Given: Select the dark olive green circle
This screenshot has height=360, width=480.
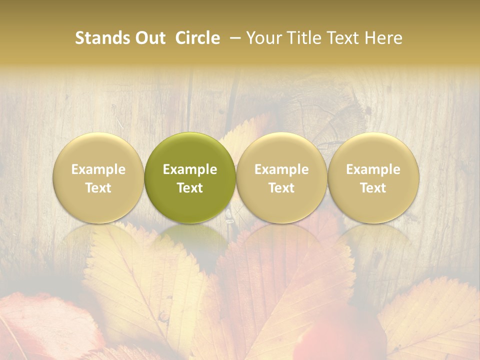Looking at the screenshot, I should pyautogui.click(x=190, y=177).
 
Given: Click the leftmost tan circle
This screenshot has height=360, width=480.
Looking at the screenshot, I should pyautogui.click(x=98, y=177).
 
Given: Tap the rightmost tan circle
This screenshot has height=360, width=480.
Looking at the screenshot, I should pyautogui.click(x=373, y=177).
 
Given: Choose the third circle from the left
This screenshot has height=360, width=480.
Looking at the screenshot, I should pyautogui.click(x=281, y=177).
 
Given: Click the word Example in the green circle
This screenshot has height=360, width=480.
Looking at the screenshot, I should pyautogui.click(x=190, y=169).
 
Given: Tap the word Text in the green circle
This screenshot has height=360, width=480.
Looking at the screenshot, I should pyautogui.click(x=190, y=188).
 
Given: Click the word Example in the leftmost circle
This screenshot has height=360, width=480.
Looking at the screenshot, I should pyautogui.click(x=98, y=169).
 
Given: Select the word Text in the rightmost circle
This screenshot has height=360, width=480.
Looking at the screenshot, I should pyautogui.click(x=373, y=188).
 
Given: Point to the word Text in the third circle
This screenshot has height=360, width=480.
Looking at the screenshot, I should pyautogui.click(x=281, y=188).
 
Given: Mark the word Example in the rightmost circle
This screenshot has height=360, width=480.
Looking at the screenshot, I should pyautogui.click(x=373, y=169).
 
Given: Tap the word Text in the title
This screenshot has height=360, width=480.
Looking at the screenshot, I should pyautogui.click(x=343, y=38).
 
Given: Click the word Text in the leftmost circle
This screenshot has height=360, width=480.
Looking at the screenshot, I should pyautogui.click(x=98, y=188).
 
